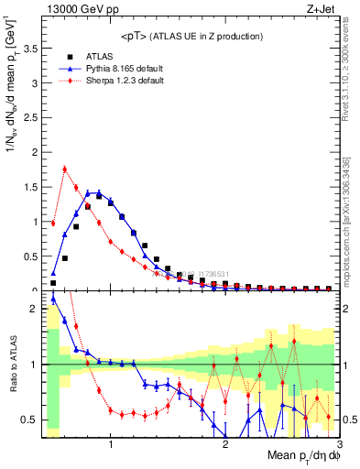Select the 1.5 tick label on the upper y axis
coord(29,187)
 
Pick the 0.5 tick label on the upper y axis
coord(29,256)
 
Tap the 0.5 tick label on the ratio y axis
coord(29,420)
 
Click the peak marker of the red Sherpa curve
coord(64,168)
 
